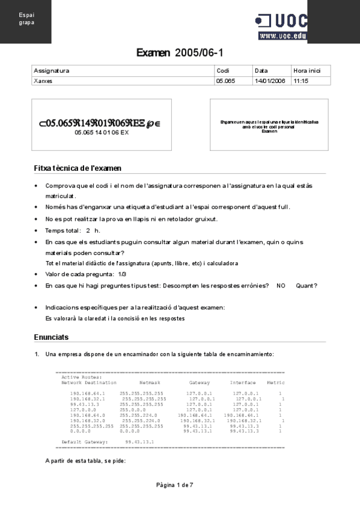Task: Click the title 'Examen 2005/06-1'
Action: [180, 53]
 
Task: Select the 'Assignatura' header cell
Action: [52, 70]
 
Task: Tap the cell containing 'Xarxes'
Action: [43, 80]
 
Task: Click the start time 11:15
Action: [301, 80]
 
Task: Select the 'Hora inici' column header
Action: [307, 70]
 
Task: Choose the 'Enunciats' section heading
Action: [52, 337]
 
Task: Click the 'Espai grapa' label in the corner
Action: [26, 18]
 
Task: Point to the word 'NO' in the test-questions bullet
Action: [281, 286]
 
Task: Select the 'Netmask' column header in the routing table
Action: [150, 382]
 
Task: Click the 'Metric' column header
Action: [276, 382]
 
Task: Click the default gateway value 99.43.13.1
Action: [139, 441]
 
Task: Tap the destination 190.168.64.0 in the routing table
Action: [87, 415]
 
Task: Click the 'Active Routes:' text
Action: [81, 377]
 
